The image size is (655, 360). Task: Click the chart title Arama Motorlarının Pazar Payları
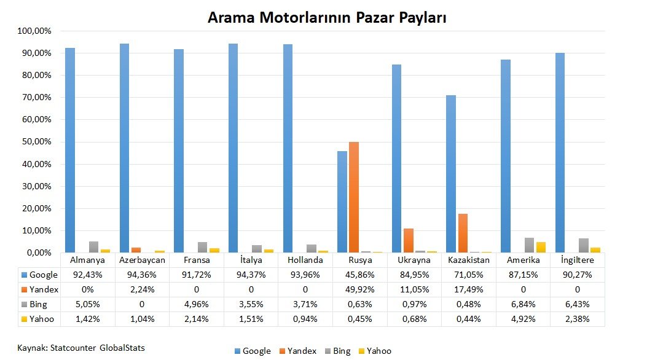point(326,18)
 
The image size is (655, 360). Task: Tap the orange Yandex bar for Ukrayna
point(408,240)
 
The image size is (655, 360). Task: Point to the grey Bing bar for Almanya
point(93,247)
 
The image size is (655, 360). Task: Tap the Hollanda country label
point(306,260)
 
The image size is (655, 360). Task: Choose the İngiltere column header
point(578,260)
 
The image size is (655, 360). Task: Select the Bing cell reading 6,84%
point(524,304)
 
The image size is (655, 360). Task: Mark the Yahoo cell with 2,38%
point(578,319)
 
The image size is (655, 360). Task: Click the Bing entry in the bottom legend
point(341,351)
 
